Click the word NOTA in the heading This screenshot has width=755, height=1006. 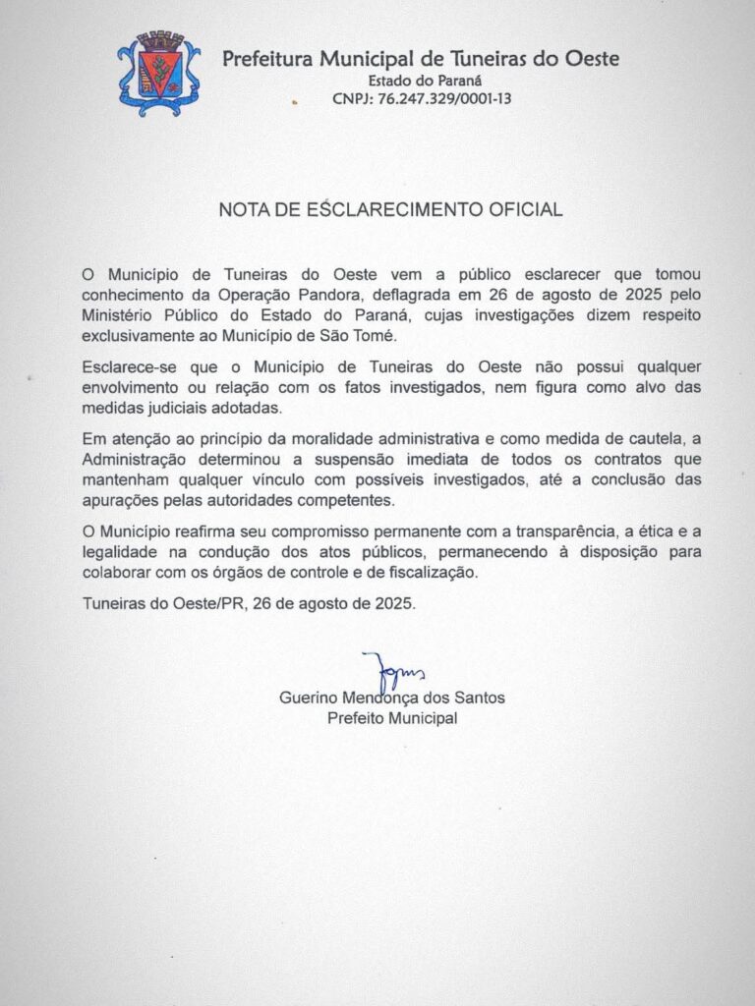click(x=241, y=209)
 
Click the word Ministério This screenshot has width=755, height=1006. click(x=117, y=315)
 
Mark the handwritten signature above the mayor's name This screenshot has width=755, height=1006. click(x=390, y=671)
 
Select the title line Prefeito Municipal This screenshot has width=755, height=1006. click(x=392, y=719)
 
